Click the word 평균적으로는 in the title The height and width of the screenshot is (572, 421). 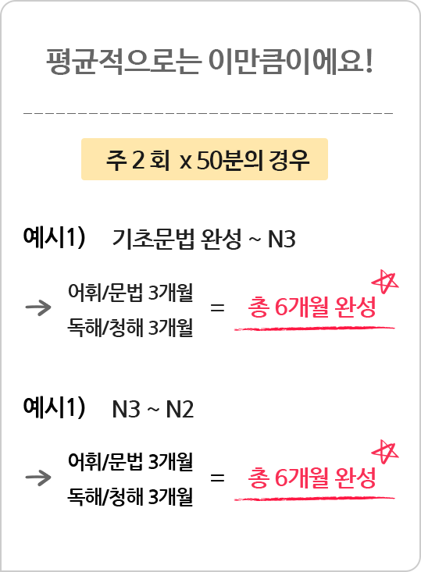(123, 62)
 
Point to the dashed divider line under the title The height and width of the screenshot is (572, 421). (208, 113)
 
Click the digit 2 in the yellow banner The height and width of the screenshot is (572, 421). (138, 160)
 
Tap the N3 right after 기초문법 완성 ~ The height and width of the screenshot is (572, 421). (281, 240)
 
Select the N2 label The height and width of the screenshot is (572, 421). (180, 409)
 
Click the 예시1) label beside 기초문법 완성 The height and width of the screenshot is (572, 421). (54, 237)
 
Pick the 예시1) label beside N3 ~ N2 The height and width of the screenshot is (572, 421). (54, 407)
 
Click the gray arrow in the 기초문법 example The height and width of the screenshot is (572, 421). (38, 307)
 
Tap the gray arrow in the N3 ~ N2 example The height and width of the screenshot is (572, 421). (38, 478)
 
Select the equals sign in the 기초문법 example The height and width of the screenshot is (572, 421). (217, 308)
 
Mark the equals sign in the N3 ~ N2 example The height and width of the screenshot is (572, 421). (217, 478)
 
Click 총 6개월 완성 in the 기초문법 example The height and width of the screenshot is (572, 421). (312, 307)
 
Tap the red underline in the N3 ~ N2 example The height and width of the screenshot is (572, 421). (314, 499)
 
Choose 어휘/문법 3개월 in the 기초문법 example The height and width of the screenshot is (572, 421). (130, 292)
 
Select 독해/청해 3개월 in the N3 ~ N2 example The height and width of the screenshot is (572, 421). (130, 496)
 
